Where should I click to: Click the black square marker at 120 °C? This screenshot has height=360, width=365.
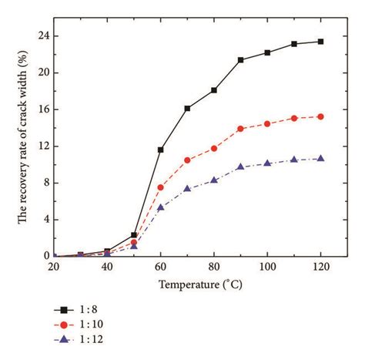coord(320,42)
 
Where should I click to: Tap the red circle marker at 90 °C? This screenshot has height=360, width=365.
coord(240,129)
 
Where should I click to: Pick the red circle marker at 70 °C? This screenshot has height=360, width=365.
coord(187,160)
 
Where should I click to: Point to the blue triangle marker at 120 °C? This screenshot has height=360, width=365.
coord(320,158)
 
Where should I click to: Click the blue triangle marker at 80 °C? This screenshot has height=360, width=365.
coord(214,180)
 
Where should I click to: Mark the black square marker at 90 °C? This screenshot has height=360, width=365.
coord(240,60)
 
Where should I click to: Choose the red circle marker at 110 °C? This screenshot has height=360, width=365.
coord(294,118)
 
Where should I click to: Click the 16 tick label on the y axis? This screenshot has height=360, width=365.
coord(43,109)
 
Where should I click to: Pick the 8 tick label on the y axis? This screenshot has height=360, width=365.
coord(46,183)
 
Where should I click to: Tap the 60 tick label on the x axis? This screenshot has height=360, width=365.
coord(160,267)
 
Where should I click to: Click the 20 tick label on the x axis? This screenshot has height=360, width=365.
coord(54,267)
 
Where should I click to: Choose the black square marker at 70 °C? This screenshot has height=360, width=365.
coord(187,109)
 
